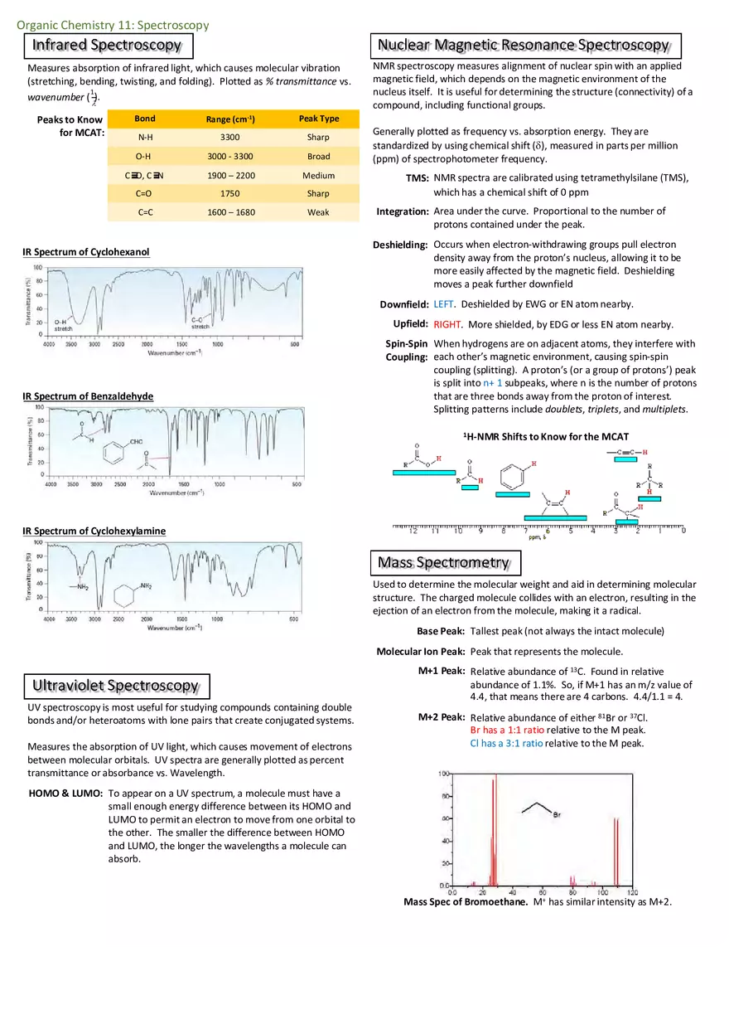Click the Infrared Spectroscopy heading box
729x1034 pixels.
(109, 45)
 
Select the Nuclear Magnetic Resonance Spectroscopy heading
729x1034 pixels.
(524, 45)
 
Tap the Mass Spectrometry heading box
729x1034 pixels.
(444, 563)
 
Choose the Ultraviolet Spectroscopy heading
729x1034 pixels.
(116, 686)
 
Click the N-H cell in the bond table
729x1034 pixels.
(145, 138)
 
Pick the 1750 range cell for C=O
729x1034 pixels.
(230, 194)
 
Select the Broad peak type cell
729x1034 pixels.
(318, 157)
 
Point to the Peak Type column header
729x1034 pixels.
(318, 119)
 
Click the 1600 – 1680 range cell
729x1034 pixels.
(230, 212)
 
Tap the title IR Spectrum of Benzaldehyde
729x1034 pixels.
(88, 396)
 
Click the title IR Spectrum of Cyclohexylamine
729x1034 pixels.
(94, 531)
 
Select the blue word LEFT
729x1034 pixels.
(444, 304)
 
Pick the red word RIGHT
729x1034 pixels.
(447, 325)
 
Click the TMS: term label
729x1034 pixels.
(417, 179)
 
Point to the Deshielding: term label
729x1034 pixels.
(400, 245)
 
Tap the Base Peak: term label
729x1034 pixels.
(440, 631)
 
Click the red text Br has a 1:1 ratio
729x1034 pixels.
(507, 731)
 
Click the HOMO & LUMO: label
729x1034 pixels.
(65, 794)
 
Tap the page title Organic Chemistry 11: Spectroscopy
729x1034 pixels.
(113, 25)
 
